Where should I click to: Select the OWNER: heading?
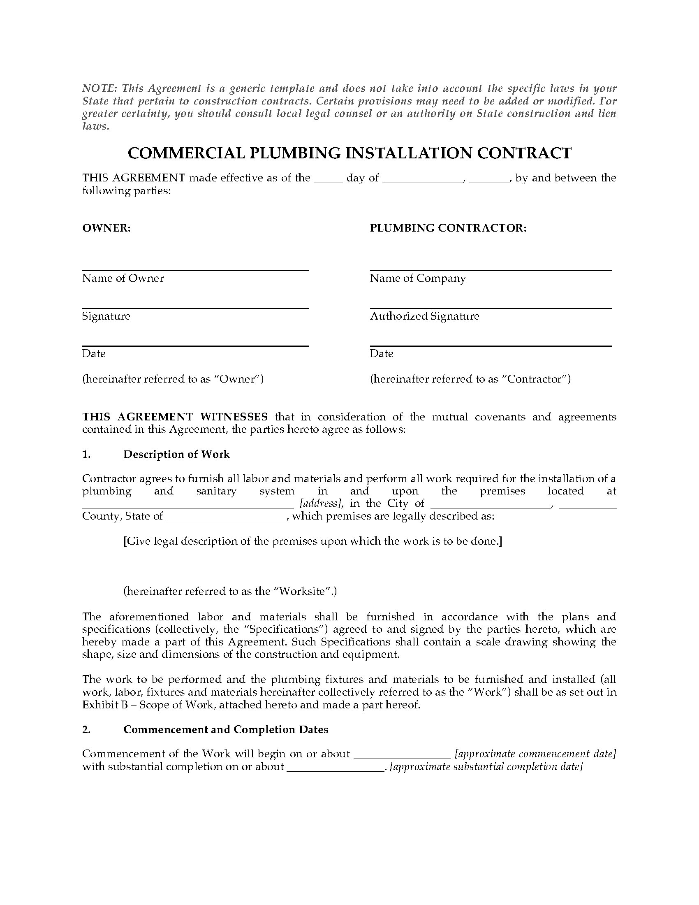pyautogui.click(x=106, y=228)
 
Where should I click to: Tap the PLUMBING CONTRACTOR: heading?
pyautogui.click(x=448, y=228)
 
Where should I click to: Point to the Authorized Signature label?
pyautogui.click(x=424, y=316)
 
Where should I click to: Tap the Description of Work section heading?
pyautogui.click(x=176, y=455)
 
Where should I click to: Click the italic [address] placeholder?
pyautogui.click(x=321, y=504)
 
